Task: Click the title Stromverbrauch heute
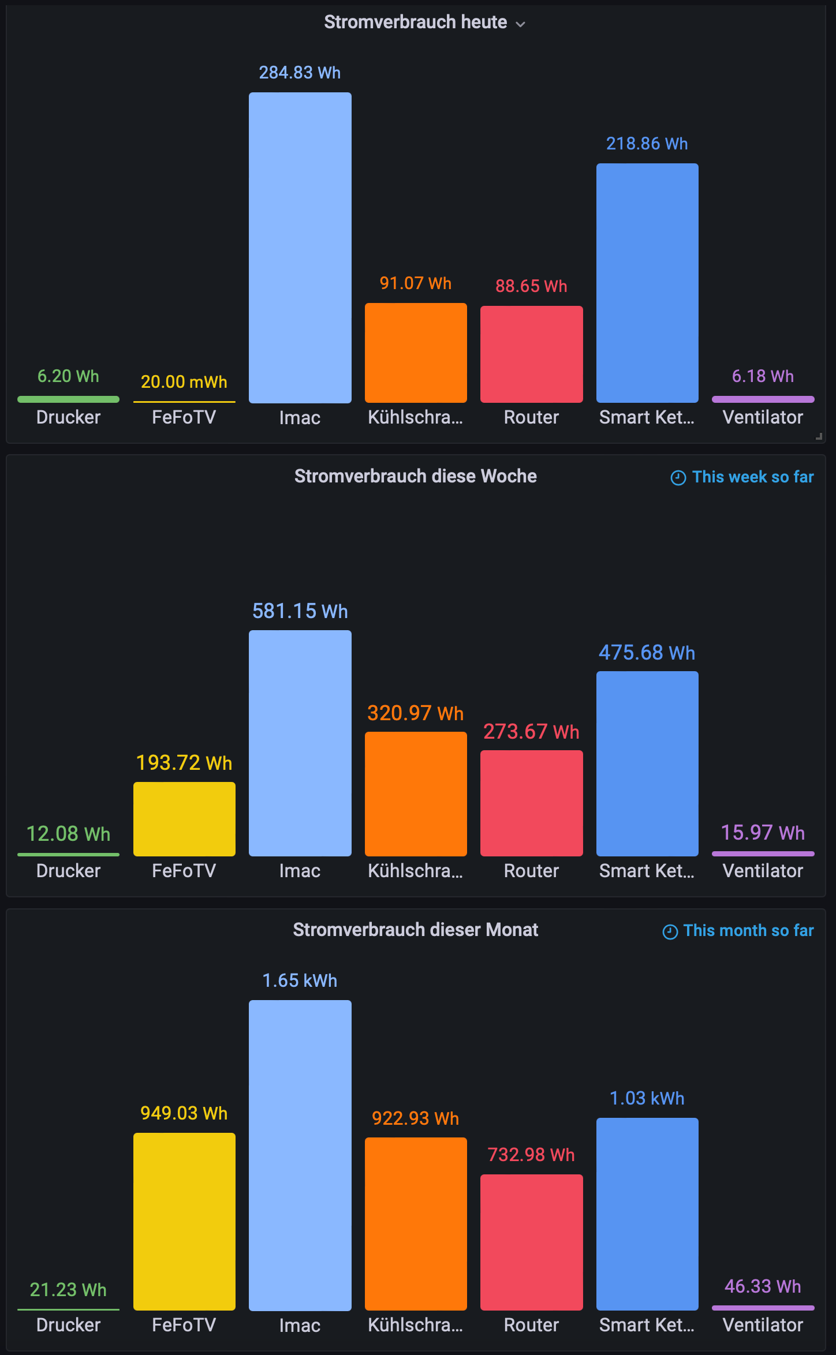pyautogui.click(x=415, y=22)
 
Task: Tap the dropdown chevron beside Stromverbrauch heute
pyautogui.click(x=520, y=24)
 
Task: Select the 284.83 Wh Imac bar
pyautogui.click(x=300, y=248)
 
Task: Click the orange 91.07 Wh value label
pyautogui.click(x=416, y=283)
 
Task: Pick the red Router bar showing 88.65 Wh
pyautogui.click(x=532, y=354)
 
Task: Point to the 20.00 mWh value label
pyautogui.click(x=184, y=382)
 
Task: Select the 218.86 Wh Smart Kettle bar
pyautogui.click(x=647, y=283)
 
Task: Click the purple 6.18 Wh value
pyautogui.click(x=763, y=376)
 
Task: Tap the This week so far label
pyautogui.click(x=753, y=477)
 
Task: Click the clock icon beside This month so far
pyautogui.click(x=670, y=931)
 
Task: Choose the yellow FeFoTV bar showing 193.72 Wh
pyautogui.click(x=184, y=819)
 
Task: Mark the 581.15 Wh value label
pyautogui.click(x=300, y=611)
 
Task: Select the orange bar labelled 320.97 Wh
pyautogui.click(x=416, y=794)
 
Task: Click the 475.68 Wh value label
pyautogui.click(x=647, y=653)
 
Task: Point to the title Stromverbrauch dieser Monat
pyautogui.click(x=416, y=930)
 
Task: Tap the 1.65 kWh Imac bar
pyautogui.click(x=300, y=1155)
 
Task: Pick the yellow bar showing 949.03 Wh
pyautogui.click(x=184, y=1222)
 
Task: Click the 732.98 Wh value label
pyautogui.click(x=531, y=1155)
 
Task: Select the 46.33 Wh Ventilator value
pyautogui.click(x=763, y=1286)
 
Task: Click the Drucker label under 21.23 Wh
pyautogui.click(x=68, y=1325)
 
